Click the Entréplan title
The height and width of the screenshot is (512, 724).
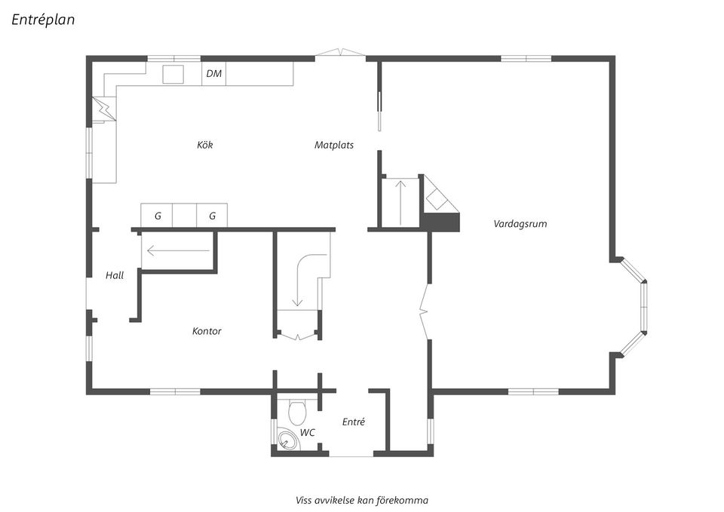point(43,20)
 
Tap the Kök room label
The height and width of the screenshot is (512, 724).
point(204,145)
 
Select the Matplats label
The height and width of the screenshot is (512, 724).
point(334,145)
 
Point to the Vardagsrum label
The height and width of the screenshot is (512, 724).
point(520,224)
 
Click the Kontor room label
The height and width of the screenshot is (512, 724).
point(207,331)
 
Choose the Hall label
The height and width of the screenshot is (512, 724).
point(115,276)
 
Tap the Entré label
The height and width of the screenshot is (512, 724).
point(354,422)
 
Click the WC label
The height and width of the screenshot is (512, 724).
point(308,433)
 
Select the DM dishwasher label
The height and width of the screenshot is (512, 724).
point(213,73)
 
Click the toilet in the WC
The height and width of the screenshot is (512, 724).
point(297,412)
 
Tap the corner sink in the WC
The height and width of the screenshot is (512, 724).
point(288,439)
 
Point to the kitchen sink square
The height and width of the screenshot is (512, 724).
point(173,75)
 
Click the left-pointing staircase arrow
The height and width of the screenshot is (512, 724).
point(178,251)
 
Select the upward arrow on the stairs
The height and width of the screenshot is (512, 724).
point(401,203)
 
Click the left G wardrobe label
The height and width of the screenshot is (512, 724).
point(158,216)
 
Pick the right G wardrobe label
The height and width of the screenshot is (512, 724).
point(213,216)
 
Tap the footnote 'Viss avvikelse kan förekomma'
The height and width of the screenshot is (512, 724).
point(362,501)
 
